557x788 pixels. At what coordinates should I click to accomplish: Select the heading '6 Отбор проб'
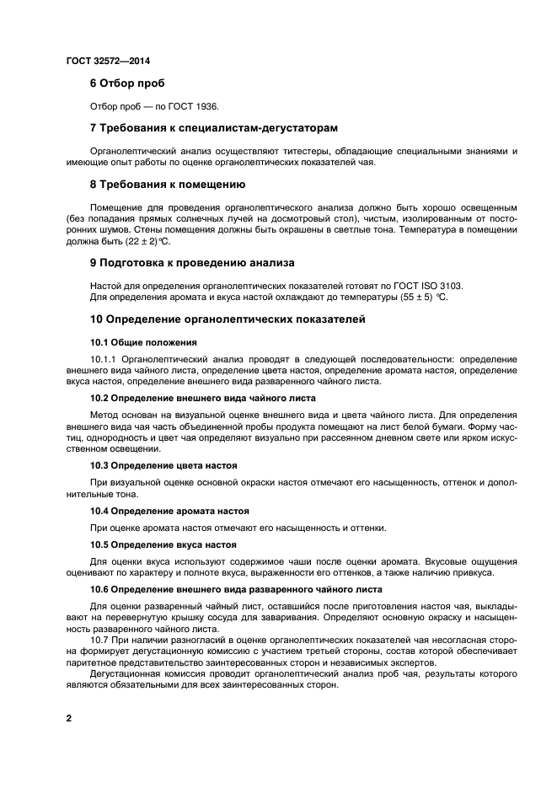127,83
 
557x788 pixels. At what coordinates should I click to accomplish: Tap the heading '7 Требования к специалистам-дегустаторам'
214,128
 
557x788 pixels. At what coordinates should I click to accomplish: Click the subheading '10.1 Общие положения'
143,342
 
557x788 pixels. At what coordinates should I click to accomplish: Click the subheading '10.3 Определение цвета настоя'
163,465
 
